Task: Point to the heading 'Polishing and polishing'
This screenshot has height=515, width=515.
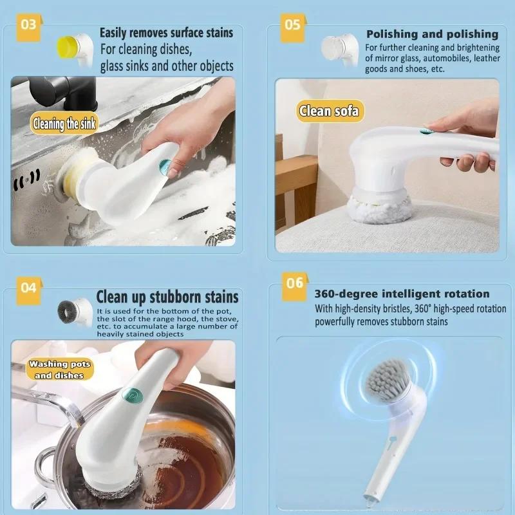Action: [x=432, y=34]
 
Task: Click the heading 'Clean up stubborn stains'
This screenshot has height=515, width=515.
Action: [x=167, y=297]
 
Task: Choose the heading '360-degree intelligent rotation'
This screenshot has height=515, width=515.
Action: [x=402, y=294]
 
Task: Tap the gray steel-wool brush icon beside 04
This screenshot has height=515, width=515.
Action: [x=70, y=312]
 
